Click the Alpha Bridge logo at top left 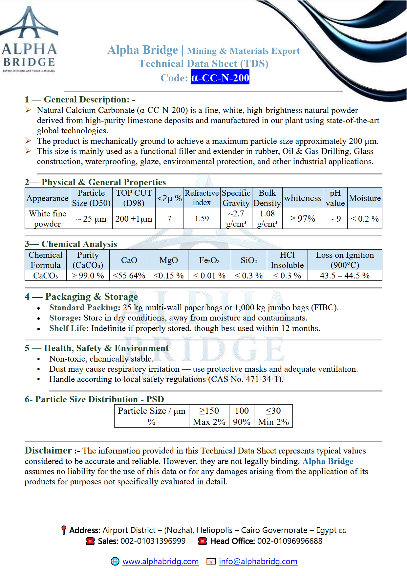(x=29, y=39)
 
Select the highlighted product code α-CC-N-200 (x=220, y=78)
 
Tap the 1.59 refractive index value (x=202, y=219)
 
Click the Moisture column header (x=365, y=198)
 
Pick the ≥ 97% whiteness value (x=302, y=219)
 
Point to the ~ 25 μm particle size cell (x=91, y=219)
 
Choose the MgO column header (x=168, y=260)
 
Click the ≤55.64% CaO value (x=129, y=276)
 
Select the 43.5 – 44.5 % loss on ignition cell (x=345, y=276)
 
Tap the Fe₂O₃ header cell (x=209, y=260)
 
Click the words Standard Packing (x=84, y=308)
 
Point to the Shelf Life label (x=69, y=328)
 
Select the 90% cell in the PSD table (x=242, y=422)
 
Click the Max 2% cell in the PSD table (x=209, y=422)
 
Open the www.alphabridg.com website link (x=161, y=561)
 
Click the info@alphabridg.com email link (x=258, y=561)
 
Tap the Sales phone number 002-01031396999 (x=153, y=541)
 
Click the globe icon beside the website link (x=115, y=561)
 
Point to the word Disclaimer (x=48, y=450)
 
